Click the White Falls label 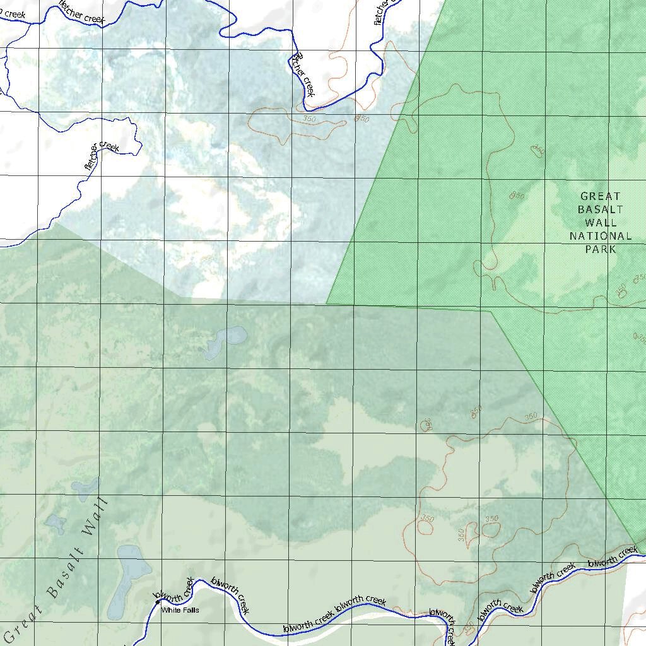click(x=180, y=611)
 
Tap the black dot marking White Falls click(x=157, y=602)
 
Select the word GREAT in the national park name click(x=600, y=196)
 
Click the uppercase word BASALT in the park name click(x=600, y=209)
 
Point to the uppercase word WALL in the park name click(x=601, y=223)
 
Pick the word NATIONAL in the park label click(x=600, y=236)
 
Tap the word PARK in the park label click(x=600, y=249)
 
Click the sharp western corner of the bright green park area click(x=327, y=303)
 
